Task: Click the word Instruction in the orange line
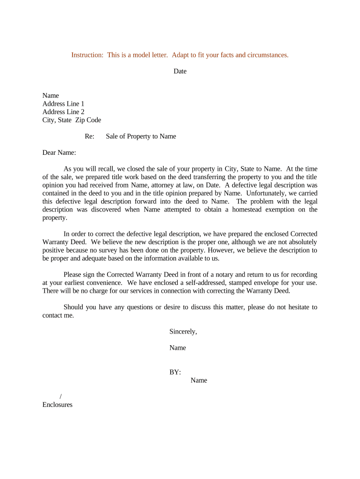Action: pos(87,55)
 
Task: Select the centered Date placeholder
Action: pos(180,71)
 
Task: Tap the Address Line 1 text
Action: pos(64,104)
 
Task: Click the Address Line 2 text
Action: pos(64,112)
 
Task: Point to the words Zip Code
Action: pos(88,120)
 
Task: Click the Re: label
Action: pos(89,137)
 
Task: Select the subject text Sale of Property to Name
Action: pos(141,137)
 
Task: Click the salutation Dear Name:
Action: pos(59,152)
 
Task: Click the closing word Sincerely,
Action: pos(183,332)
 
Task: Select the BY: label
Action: pos(175,372)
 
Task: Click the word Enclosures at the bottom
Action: pos(58,405)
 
